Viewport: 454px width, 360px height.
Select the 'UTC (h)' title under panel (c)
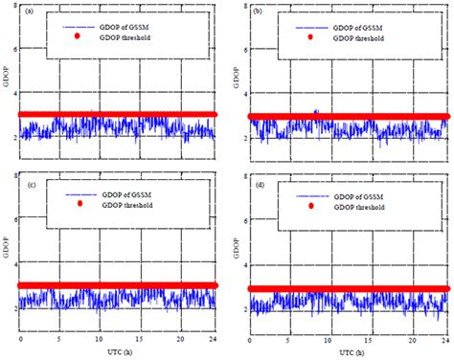click(117, 352)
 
